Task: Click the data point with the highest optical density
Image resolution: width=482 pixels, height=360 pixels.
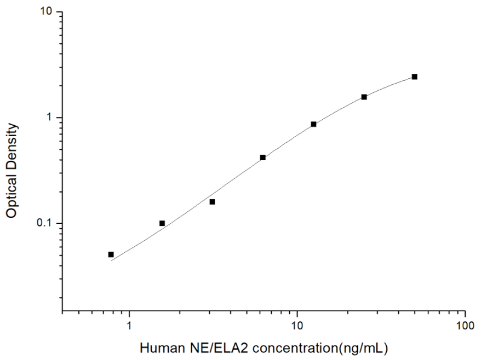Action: (x=415, y=77)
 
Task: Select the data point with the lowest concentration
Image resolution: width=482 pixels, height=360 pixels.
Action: (x=111, y=255)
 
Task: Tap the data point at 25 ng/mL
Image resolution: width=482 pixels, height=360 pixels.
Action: (x=364, y=97)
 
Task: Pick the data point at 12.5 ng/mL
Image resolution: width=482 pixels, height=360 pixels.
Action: (x=313, y=124)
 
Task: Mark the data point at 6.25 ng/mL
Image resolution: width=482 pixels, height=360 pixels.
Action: (x=263, y=158)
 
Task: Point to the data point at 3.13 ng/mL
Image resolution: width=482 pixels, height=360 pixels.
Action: (x=212, y=202)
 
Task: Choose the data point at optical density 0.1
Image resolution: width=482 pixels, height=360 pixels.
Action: (x=162, y=223)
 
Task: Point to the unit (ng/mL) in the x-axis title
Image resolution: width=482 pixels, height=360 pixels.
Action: (x=363, y=349)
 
